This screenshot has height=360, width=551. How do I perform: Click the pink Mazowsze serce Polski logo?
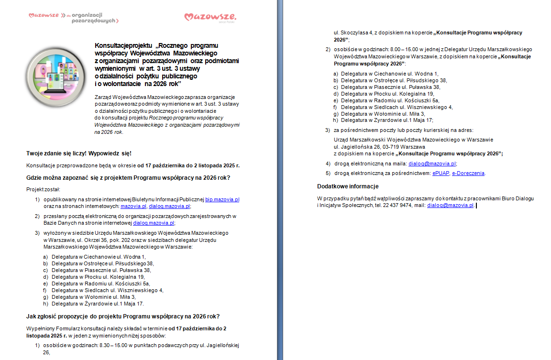pyautogui.click(x=210, y=18)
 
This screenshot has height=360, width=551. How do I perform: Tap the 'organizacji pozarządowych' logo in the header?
pyautogui.click(x=74, y=18)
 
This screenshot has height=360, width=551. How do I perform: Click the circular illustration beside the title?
pyautogui.click(x=55, y=76)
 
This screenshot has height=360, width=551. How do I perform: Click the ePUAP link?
pyautogui.click(x=440, y=173)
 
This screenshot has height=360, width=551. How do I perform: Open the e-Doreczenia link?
pyautogui.click(x=468, y=173)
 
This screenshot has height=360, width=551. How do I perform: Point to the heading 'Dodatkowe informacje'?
pyautogui.click(x=348, y=186)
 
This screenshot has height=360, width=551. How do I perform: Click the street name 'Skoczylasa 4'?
pyautogui.click(x=354, y=33)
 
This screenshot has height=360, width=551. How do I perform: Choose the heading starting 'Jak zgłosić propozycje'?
pyautogui.click(x=123, y=316)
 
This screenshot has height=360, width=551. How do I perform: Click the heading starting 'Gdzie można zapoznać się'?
pyautogui.click(x=128, y=178)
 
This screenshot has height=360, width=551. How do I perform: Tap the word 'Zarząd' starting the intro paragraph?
pyautogui.click(x=103, y=97)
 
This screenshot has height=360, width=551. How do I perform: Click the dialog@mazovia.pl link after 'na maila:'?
pyautogui.click(x=432, y=164)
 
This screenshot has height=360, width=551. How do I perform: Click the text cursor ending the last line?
pyautogui.click(x=477, y=205)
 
